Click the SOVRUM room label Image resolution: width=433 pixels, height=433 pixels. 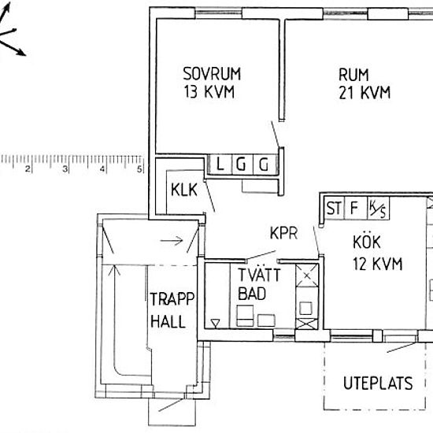[x=212, y=74]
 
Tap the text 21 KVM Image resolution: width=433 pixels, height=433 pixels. [x=365, y=93]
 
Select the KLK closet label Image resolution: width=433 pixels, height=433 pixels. [x=184, y=190]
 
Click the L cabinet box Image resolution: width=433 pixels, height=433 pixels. [x=220, y=165]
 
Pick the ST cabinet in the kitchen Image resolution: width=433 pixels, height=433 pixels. [x=334, y=208]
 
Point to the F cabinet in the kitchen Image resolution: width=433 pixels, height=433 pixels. [x=356, y=208]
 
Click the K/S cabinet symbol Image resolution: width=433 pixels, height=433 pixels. [x=379, y=208]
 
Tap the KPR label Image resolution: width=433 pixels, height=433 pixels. [x=283, y=233]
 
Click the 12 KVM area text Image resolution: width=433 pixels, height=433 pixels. [x=377, y=264]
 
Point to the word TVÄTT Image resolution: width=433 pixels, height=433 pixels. [x=259, y=275]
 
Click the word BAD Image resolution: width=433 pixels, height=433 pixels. [x=252, y=294]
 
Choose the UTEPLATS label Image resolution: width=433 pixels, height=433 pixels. [x=378, y=383]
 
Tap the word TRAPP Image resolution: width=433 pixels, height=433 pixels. [x=172, y=299]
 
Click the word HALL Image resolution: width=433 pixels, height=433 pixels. [x=168, y=322]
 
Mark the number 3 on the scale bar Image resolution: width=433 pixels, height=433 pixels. [x=65, y=168]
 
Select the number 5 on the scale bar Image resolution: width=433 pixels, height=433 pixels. [x=139, y=168]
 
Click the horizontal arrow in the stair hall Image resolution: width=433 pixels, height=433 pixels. [x=172, y=241]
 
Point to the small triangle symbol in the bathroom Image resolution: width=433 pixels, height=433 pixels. [x=215, y=323]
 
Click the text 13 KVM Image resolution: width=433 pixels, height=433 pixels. [x=209, y=91]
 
